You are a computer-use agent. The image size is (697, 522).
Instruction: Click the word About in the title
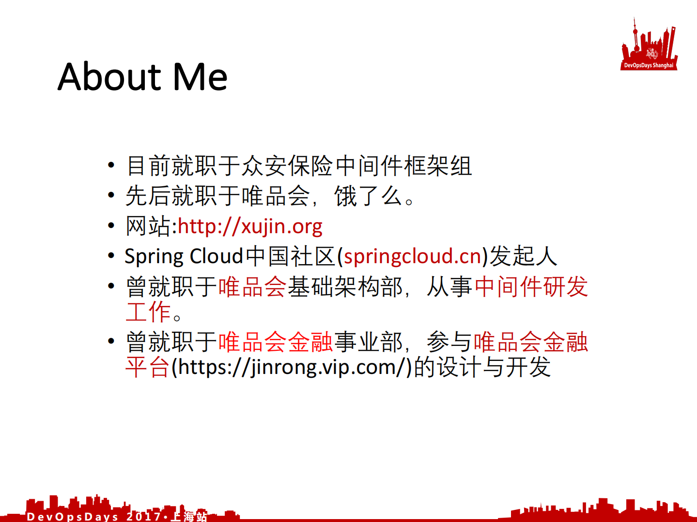point(109,77)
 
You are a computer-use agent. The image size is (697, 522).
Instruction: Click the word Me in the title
point(200,77)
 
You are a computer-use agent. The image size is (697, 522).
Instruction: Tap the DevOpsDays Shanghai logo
point(649,45)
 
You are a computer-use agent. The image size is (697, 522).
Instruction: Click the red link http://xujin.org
point(250,226)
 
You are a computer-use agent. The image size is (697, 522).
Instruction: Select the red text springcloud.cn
point(412,256)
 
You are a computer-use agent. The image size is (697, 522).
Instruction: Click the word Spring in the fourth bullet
point(154,256)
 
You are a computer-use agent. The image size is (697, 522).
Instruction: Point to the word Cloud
point(216,256)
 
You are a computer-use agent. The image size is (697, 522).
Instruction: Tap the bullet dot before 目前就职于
point(111,165)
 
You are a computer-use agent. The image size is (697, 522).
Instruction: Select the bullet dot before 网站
point(111,225)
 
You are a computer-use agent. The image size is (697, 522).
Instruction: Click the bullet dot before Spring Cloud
point(111,255)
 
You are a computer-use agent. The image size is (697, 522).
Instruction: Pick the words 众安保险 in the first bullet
point(288,166)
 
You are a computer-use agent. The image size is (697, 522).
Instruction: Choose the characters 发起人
point(523,256)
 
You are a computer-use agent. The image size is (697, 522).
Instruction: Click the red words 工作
point(148,312)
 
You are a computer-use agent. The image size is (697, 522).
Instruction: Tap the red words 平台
point(147,367)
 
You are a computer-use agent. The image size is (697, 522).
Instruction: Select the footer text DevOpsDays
point(72,517)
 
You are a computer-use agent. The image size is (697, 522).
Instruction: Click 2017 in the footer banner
point(144,517)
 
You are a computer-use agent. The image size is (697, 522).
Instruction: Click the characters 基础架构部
point(345,287)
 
